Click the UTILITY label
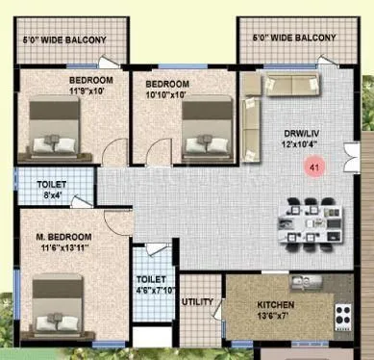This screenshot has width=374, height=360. [x=198, y=301]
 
